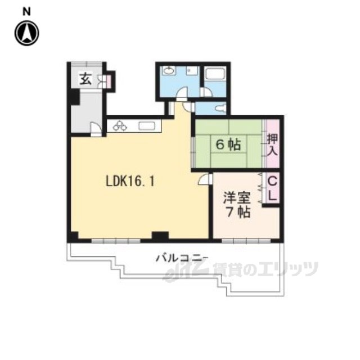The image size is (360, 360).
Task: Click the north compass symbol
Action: point(27,33)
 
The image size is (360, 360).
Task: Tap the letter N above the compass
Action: point(26,11)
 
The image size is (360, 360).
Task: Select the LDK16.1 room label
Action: point(130,181)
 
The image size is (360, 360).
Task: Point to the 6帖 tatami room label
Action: point(228,145)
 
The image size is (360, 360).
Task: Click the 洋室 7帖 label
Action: point(237,205)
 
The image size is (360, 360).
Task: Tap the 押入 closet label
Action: point(272,145)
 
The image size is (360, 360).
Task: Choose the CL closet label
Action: point(272,189)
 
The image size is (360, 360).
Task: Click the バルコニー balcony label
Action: point(182,258)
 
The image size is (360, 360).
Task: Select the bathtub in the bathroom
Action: point(215,74)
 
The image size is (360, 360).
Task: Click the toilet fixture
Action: point(221,108)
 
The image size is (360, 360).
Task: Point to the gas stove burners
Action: point(120,126)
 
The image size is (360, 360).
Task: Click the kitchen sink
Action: point(147,126)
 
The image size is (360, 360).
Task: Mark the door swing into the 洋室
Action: point(205,179)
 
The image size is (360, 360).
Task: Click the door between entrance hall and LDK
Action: point(96,129)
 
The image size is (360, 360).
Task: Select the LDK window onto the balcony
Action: point(116,241)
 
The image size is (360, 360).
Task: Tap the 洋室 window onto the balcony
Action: point(246,241)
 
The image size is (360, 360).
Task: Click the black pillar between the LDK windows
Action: point(160,236)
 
